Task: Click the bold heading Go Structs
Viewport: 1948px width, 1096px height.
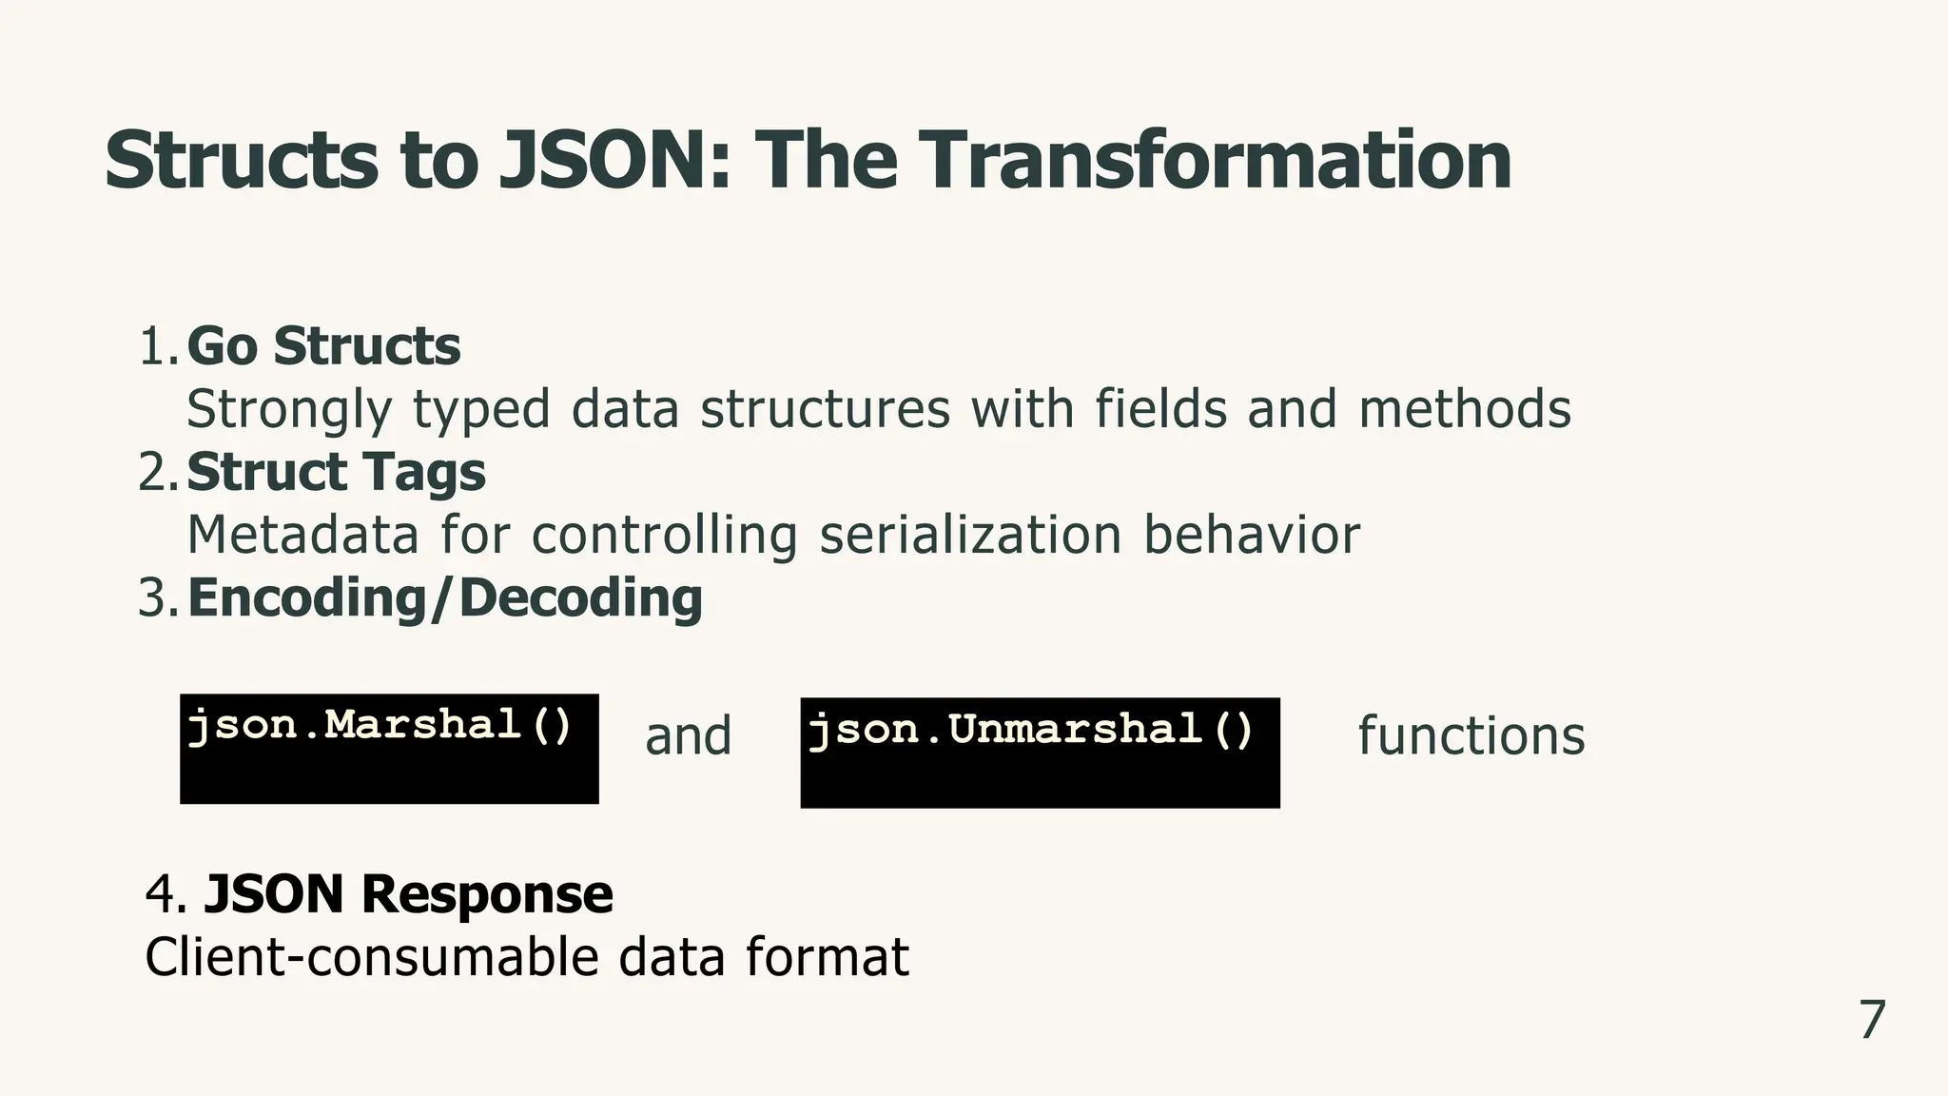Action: click(x=323, y=345)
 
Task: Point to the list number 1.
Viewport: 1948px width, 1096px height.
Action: click(x=157, y=346)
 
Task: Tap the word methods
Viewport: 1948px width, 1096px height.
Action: click(x=1464, y=409)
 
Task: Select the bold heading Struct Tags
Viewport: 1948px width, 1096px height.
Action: click(x=336, y=472)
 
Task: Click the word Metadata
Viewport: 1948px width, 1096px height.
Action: click(x=302, y=535)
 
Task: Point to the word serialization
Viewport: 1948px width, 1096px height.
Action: click(x=969, y=535)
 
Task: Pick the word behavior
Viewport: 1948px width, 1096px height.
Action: click(x=1251, y=535)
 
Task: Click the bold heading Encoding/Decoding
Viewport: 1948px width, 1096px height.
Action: click(x=445, y=597)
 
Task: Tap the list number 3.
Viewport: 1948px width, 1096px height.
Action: click(x=157, y=598)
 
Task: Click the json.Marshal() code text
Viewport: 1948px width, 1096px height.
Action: click(x=380, y=726)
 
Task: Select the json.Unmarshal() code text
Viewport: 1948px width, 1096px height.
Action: click(x=1031, y=731)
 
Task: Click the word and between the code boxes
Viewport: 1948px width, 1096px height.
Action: click(x=688, y=736)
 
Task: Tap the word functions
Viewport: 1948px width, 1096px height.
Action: click(x=1471, y=736)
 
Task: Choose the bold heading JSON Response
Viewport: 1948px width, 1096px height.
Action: click(x=408, y=894)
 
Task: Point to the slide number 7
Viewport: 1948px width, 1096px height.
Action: click(x=1872, y=1021)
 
